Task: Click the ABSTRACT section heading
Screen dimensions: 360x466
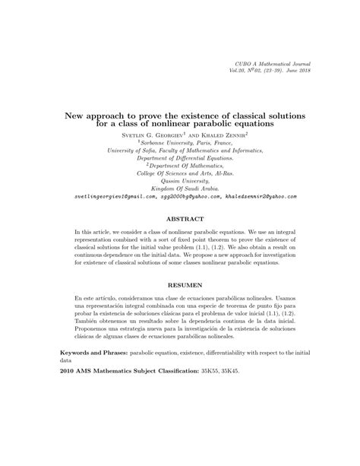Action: pyautogui.click(x=180, y=216)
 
